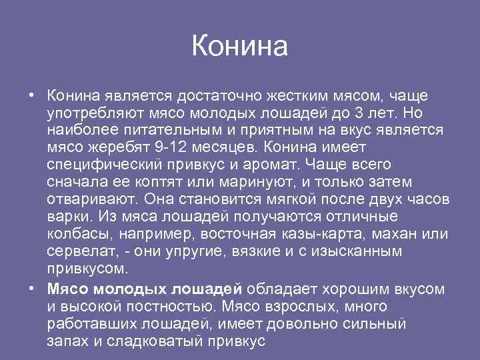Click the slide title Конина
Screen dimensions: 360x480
pos(240,47)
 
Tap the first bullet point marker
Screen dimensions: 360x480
pos(31,93)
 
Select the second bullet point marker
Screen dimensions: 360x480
pos(31,288)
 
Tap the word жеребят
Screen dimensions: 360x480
pos(117,147)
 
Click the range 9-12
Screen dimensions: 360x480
pos(167,147)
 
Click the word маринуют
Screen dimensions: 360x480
pos(249,181)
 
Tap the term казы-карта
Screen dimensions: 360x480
pos(340,234)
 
